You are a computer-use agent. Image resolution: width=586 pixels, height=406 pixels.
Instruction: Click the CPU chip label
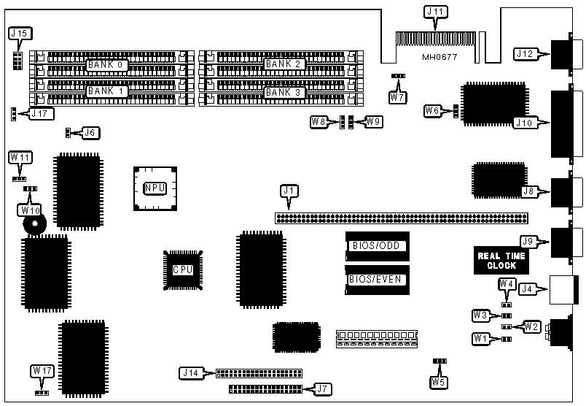click(x=182, y=269)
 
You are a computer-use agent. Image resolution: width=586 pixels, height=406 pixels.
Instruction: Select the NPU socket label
click(x=155, y=188)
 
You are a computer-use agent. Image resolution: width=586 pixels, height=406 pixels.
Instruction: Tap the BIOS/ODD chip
click(x=378, y=245)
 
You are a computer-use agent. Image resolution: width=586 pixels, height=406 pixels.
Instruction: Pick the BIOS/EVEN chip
click(x=378, y=279)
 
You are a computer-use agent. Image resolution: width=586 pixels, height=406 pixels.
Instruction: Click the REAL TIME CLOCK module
click(x=501, y=260)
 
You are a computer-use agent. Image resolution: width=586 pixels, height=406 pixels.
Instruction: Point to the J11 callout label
click(x=435, y=12)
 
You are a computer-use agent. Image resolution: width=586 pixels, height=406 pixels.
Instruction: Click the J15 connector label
click(x=18, y=34)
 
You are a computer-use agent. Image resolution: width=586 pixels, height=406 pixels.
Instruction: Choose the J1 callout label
click(x=289, y=191)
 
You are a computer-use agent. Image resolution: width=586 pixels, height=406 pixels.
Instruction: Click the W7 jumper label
click(x=397, y=97)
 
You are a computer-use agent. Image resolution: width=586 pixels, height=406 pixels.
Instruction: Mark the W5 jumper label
click(x=438, y=380)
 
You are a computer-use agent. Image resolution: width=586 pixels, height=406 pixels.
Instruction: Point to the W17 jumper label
click(x=42, y=371)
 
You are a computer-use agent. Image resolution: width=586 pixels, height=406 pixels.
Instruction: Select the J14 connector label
click(x=190, y=373)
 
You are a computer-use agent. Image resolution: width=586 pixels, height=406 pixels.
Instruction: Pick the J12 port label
click(x=526, y=53)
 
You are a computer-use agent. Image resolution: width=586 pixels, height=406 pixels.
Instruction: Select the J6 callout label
click(x=90, y=133)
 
